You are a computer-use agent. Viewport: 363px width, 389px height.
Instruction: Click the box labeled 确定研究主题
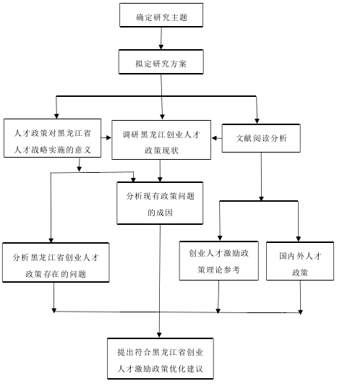(161, 15)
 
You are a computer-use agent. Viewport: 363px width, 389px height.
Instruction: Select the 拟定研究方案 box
(161, 61)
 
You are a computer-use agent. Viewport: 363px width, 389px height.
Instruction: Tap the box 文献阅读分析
(261, 138)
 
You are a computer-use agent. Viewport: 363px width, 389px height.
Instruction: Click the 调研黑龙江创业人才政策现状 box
(161, 140)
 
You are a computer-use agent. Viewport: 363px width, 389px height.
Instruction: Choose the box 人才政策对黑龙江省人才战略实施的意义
(52, 138)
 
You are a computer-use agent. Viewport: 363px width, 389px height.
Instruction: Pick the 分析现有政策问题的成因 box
(160, 203)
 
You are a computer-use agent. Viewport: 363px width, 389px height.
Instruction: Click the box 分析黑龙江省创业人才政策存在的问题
(56, 262)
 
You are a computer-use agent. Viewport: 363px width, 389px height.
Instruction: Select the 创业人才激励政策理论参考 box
(219, 261)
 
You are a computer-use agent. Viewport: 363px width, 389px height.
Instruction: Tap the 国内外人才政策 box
(300, 261)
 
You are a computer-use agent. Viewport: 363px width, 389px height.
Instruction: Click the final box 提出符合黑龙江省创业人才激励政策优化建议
(161, 359)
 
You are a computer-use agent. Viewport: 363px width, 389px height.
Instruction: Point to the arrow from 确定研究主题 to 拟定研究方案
(161, 38)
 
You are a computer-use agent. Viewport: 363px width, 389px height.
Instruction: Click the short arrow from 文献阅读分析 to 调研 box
(217, 138)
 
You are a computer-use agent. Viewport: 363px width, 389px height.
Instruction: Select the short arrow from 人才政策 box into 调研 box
(106, 137)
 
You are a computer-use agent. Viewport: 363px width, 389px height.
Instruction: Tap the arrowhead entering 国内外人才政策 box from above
(299, 239)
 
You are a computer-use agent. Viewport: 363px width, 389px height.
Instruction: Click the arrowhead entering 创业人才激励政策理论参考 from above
(220, 238)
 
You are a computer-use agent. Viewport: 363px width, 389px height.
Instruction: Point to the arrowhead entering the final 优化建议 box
(159, 335)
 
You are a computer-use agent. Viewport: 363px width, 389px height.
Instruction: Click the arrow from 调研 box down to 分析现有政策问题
(160, 171)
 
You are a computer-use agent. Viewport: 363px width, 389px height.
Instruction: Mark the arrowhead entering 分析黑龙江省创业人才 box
(51, 240)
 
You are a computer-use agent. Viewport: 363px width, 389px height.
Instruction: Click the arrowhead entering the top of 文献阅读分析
(257, 121)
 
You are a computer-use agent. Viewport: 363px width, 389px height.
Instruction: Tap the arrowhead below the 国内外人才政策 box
(301, 312)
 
